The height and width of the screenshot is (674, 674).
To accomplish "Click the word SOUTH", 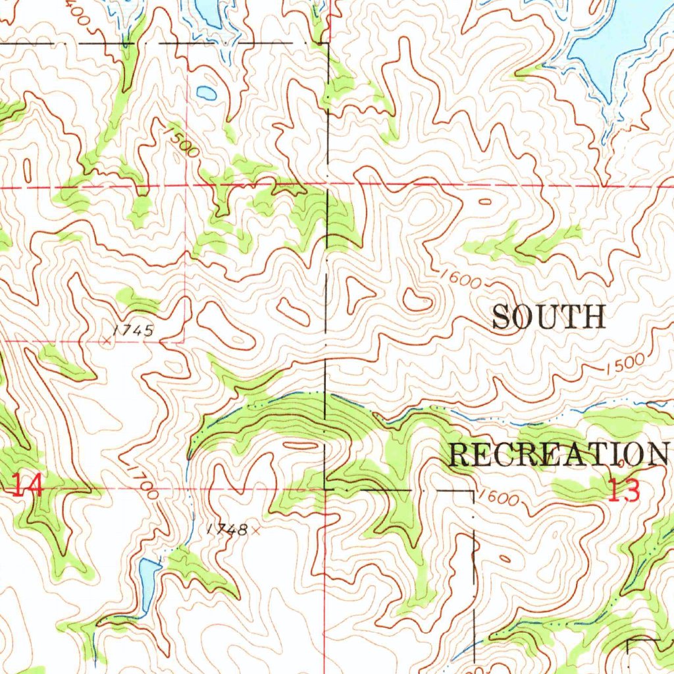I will [x=548, y=317].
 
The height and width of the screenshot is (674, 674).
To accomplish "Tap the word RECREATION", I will [x=557, y=454].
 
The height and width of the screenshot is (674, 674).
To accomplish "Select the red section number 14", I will [x=28, y=487].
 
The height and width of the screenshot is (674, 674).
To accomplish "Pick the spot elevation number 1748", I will [x=226, y=529].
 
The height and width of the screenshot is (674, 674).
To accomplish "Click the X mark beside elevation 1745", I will [x=107, y=340].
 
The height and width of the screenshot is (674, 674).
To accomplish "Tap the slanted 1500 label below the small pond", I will [x=182, y=142].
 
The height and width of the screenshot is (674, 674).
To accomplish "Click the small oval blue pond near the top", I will [x=206, y=93].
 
